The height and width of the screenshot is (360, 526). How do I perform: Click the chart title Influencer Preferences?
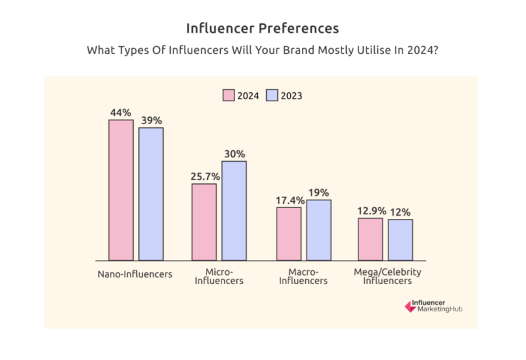[x=262, y=29]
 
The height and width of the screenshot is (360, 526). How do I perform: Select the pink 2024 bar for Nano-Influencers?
[x=121, y=190]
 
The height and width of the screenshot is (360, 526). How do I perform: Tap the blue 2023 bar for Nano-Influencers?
[x=151, y=194]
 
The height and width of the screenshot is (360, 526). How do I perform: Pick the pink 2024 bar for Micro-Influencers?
[x=204, y=222]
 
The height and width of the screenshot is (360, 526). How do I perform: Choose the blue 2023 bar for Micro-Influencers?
[x=234, y=211]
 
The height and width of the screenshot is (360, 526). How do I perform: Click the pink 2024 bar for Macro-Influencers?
[x=289, y=233]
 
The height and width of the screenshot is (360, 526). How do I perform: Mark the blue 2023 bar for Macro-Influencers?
[x=319, y=230]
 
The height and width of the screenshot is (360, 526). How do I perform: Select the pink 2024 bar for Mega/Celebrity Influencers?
[x=371, y=239]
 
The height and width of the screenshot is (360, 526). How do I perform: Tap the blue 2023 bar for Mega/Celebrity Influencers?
[x=401, y=240]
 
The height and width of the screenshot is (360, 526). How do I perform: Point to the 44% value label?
[x=121, y=112]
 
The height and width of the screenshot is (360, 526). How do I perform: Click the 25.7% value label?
[x=204, y=176]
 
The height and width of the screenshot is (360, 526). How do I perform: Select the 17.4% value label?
[x=289, y=200]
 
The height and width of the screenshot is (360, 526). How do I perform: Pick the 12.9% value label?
[x=371, y=211]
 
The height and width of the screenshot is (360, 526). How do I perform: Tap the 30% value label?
[x=234, y=154]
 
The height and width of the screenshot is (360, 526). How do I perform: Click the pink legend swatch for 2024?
[x=229, y=96]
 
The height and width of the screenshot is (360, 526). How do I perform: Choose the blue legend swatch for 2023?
[x=273, y=96]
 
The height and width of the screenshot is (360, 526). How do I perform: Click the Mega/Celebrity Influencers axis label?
[x=388, y=277]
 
